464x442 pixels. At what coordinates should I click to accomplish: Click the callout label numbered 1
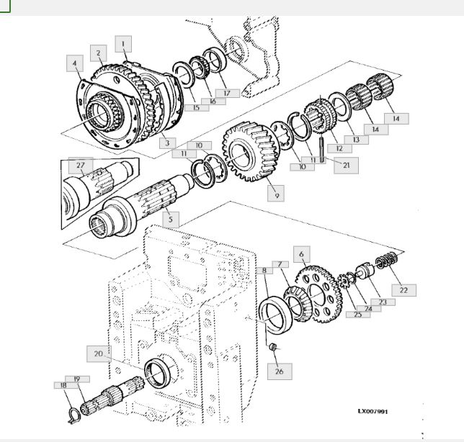point(123,44)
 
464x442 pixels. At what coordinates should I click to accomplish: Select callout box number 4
point(75,63)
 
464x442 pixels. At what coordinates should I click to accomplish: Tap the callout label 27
point(81,166)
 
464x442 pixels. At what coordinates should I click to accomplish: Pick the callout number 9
point(276,194)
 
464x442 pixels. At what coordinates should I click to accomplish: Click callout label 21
point(347,166)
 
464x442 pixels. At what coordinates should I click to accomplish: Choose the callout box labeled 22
point(404,290)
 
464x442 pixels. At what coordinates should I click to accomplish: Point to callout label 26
point(280,371)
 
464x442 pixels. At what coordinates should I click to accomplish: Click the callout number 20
point(99,353)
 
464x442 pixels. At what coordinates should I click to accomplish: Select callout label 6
point(302,254)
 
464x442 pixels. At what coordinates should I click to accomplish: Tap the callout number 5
point(171,220)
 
